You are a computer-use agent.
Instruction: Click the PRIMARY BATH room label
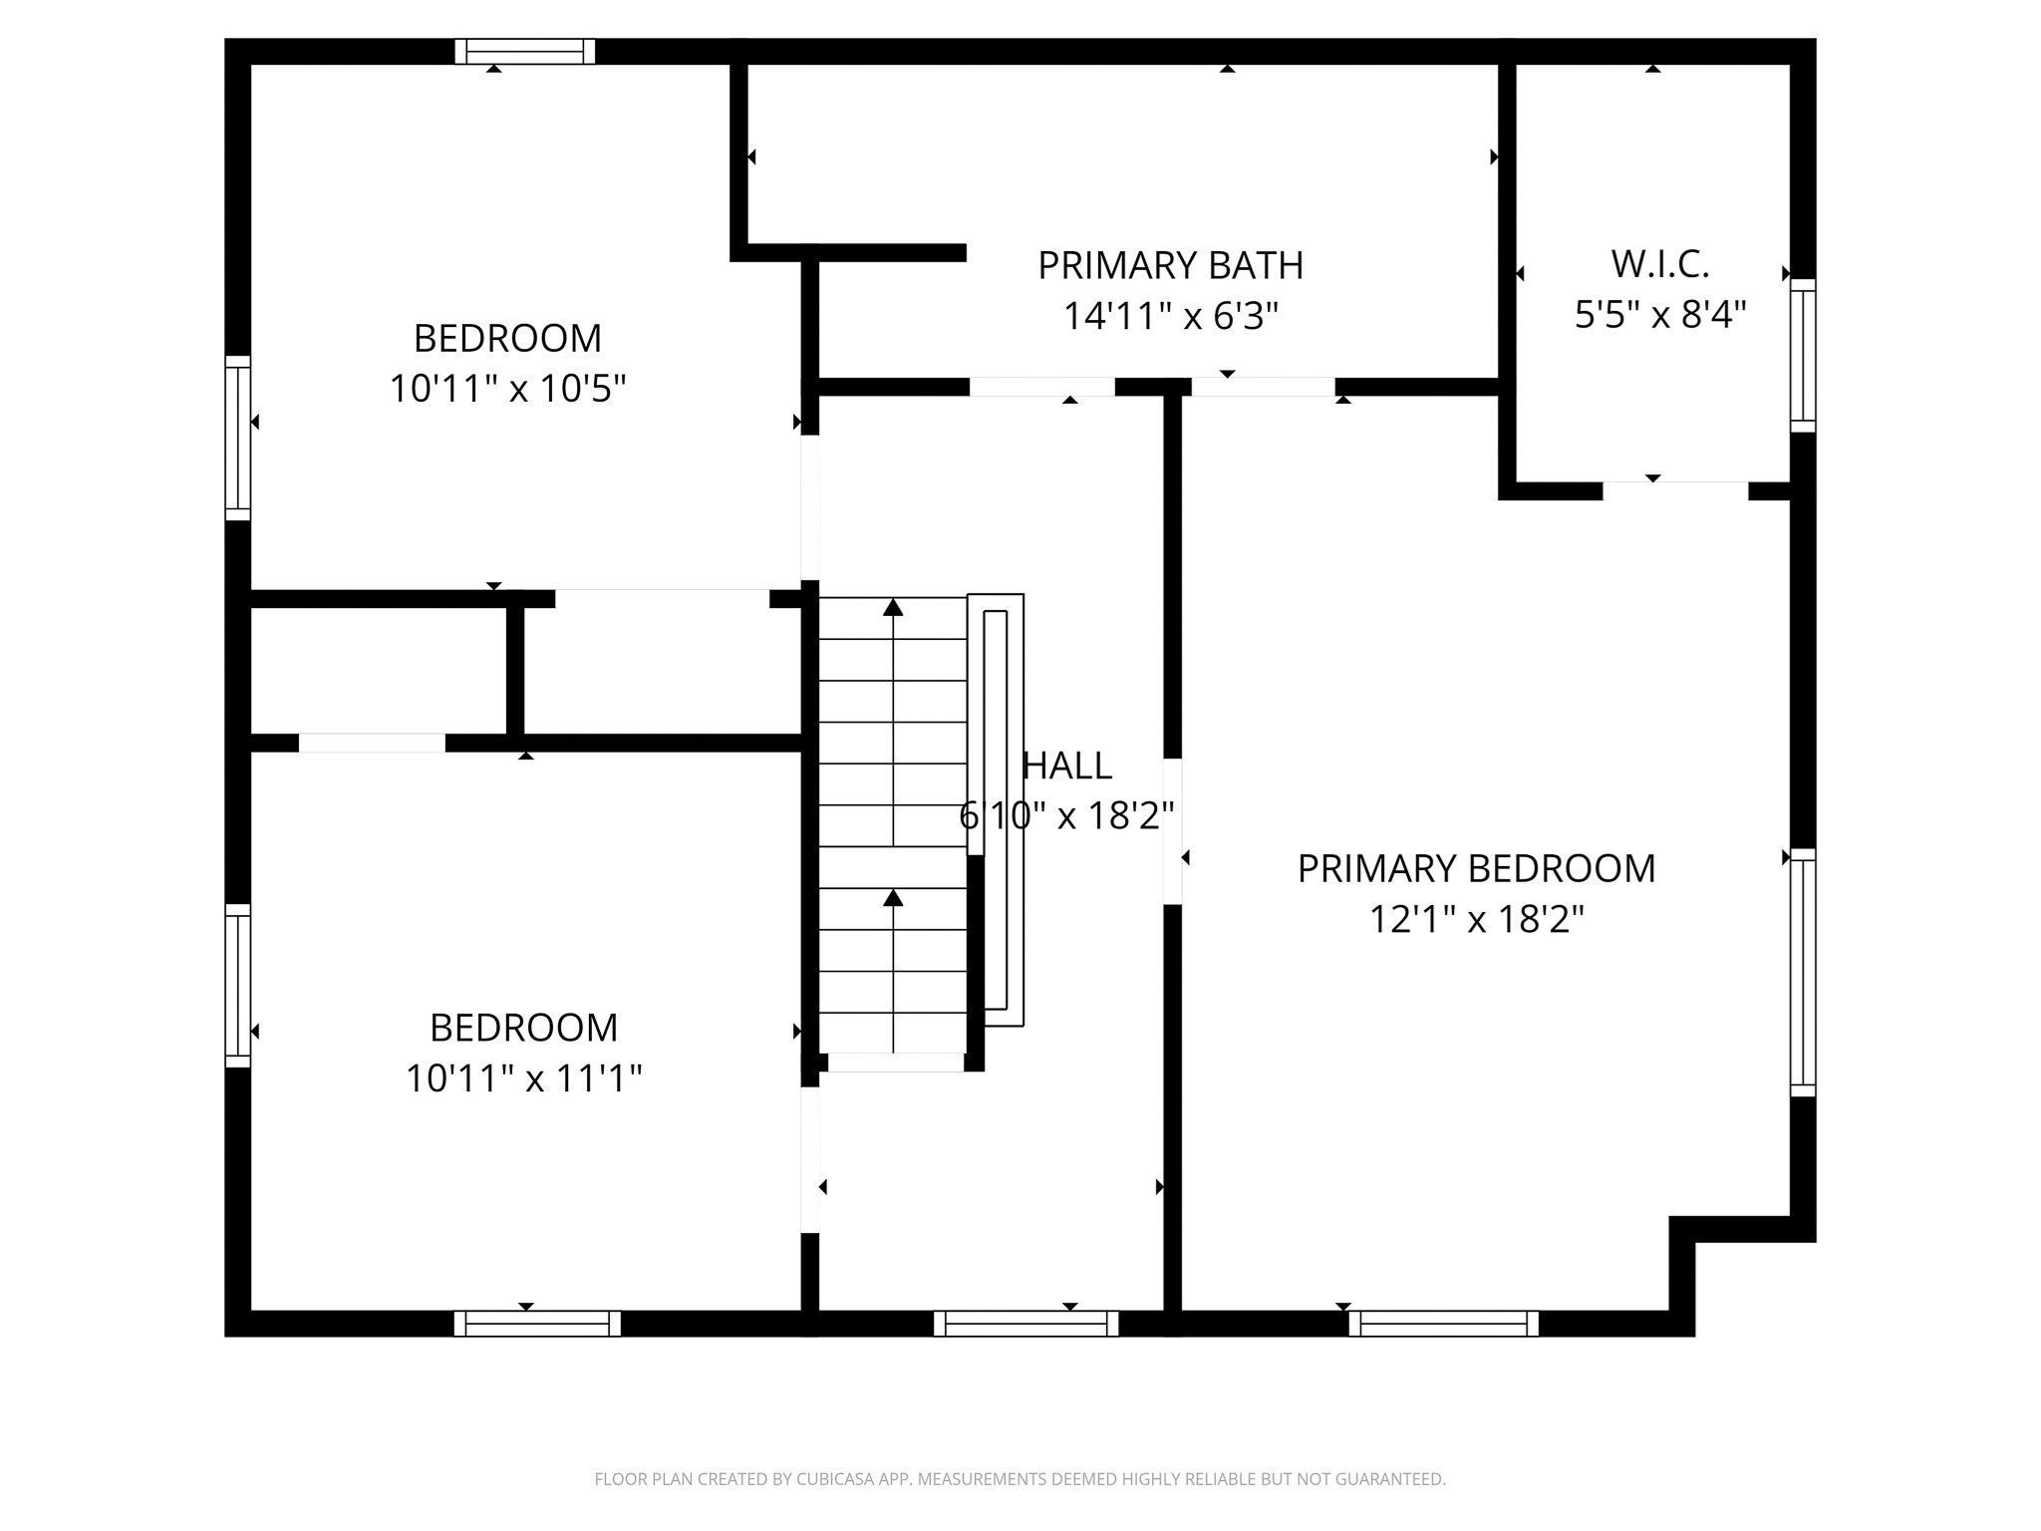1170,265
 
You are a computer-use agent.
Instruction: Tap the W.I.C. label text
1659,264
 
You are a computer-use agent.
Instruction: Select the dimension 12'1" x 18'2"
1476,919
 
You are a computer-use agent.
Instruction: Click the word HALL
1067,765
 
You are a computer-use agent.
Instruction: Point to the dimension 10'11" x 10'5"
507,389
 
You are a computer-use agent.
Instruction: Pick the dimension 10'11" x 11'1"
523,1078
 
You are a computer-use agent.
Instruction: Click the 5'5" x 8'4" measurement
1659,315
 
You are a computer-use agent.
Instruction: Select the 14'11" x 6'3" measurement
1170,317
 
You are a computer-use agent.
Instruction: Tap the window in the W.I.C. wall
1803,356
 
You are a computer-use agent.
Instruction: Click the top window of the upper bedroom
525,51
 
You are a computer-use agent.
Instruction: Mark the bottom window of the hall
1025,1323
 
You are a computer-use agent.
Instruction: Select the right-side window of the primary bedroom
1803,972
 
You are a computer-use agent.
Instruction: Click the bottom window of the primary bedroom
1443,1323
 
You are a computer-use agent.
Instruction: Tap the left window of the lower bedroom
237,985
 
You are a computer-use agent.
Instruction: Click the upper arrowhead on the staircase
893,607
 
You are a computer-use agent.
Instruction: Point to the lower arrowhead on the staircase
893,898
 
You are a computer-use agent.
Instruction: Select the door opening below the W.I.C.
1674,490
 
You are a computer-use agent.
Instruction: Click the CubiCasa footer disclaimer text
1020,1479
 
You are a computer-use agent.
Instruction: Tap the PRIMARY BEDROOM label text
1476,868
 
